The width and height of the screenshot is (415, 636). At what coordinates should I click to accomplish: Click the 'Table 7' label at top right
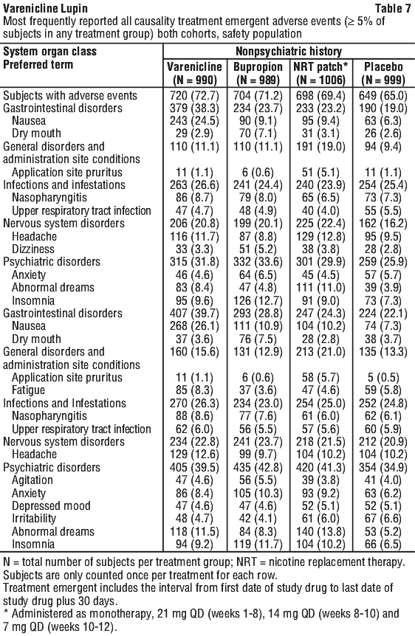click(x=393, y=8)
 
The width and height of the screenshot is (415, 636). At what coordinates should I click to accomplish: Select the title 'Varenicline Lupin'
click(x=45, y=8)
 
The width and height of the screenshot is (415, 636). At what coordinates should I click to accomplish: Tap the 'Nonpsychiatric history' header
click(x=289, y=52)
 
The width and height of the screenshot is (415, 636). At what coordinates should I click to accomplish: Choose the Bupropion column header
click(x=258, y=67)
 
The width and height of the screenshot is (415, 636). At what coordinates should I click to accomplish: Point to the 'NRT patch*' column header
click(x=320, y=67)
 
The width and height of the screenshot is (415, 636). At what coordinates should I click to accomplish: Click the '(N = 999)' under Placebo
click(x=383, y=80)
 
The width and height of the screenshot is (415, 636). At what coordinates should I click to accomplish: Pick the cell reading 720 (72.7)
click(x=194, y=96)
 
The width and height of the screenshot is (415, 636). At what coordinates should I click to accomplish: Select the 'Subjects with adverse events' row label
click(x=70, y=96)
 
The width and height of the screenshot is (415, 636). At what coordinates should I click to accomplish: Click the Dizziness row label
click(x=33, y=249)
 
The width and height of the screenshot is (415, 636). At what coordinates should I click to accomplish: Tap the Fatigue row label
click(x=28, y=390)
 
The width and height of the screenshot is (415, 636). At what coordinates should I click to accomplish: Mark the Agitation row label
click(x=32, y=480)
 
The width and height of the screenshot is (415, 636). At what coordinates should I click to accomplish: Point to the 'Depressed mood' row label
click(x=51, y=506)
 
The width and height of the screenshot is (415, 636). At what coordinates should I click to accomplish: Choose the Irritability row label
click(x=34, y=519)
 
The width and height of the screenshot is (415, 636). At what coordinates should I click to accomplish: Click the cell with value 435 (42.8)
click(x=258, y=467)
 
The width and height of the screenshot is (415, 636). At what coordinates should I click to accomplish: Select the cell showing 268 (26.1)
click(x=194, y=326)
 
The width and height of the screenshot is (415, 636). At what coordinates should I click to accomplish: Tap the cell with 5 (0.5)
click(x=383, y=378)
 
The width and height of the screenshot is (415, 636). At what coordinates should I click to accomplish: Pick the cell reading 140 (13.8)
click(x=320, y=531)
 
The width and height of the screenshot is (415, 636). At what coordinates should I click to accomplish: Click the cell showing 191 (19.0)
click(x=320, y=146)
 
